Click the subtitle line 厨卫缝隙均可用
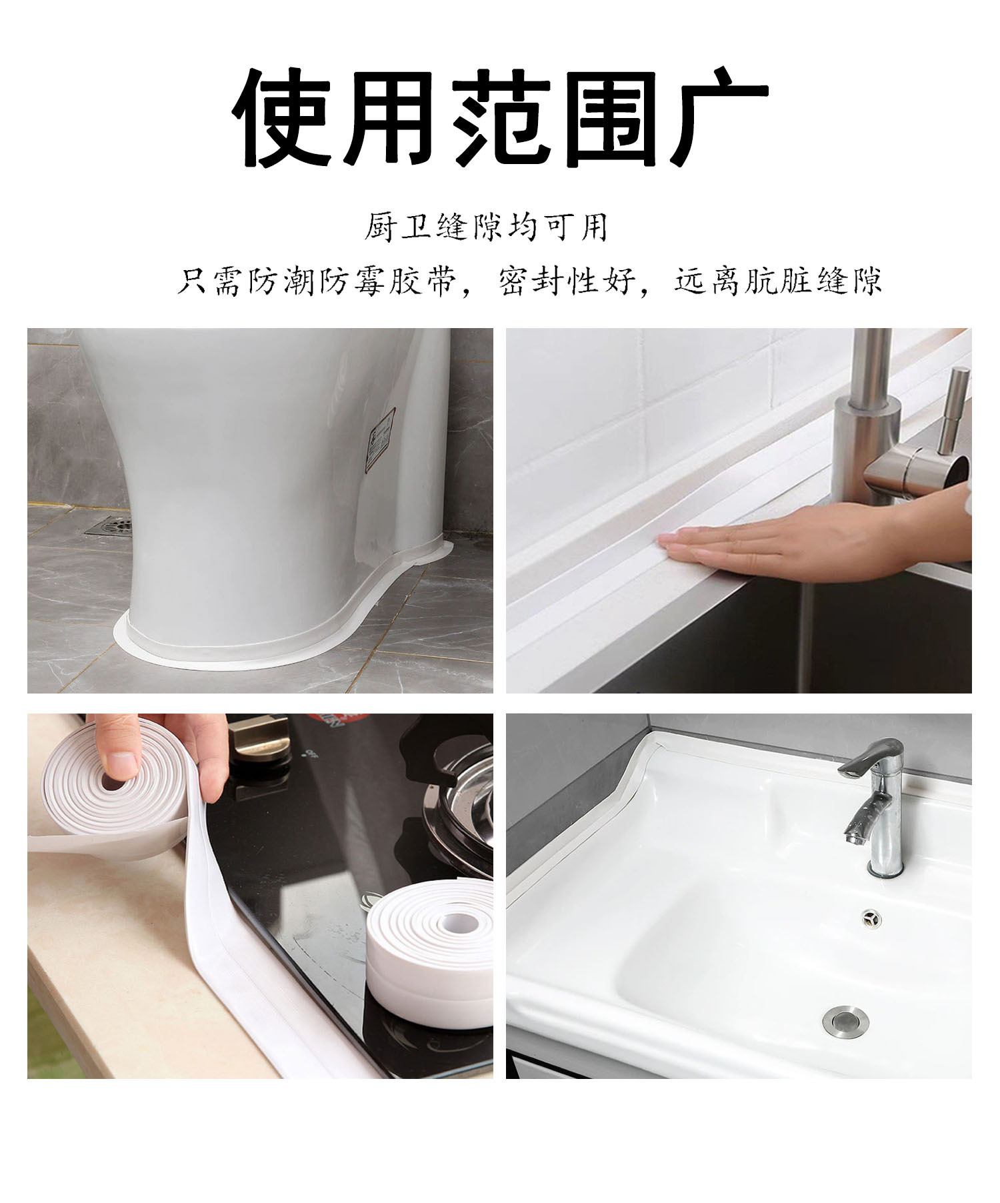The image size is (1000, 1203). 485,227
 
